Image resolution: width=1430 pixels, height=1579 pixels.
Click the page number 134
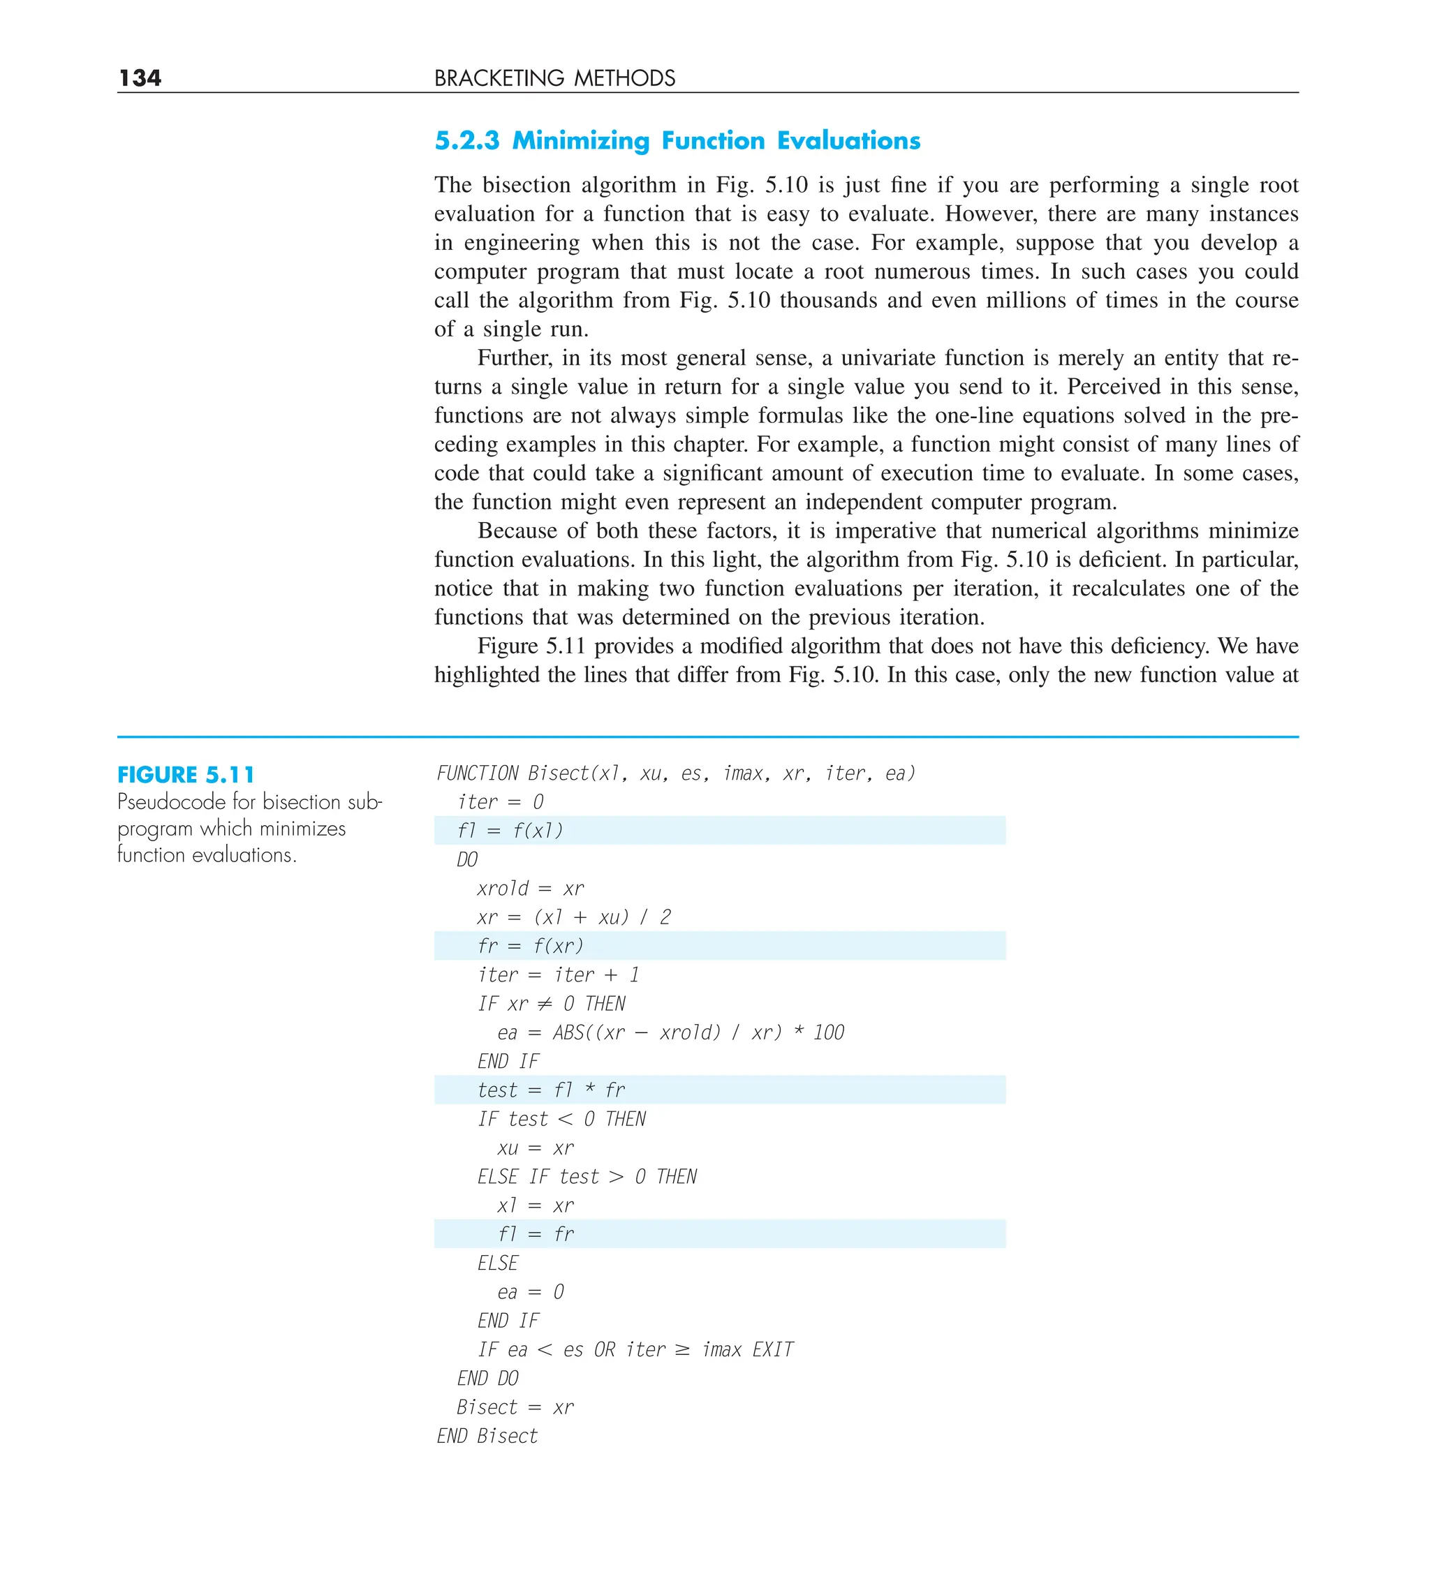tap(140, 77)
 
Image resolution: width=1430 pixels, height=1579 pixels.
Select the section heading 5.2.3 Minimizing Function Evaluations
tap(677, 140)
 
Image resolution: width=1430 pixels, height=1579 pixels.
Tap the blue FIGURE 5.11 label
tap(186, 775)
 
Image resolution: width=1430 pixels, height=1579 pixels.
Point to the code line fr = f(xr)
tap(531, 945)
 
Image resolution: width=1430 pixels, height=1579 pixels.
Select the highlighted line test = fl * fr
tap(551, 1090)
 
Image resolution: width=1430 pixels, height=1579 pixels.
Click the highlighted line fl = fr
tap(535, 1233)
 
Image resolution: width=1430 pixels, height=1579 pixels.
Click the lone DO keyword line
tap(467, 859)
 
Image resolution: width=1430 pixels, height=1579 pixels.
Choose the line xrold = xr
tap(531, 888)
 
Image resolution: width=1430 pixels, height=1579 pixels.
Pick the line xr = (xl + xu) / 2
tap(573, 917)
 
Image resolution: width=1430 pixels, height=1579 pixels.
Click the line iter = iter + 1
tap(559, 974)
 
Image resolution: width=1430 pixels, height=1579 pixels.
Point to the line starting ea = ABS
tap(670, 1032)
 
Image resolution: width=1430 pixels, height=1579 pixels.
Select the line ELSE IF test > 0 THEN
tap(587, 1176)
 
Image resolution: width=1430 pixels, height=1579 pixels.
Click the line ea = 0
tap(531, 1291)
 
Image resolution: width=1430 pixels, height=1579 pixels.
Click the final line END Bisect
tap(487, 1436)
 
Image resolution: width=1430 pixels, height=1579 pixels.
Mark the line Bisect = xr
tap(515, 1407)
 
